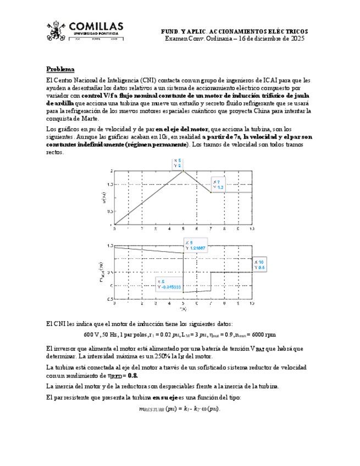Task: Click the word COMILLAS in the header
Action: pyautogui.click(x=96, y=26)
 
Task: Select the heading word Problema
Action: pyautogui.click(x=60, y=69)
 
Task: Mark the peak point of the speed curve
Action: pyautogui.click(x=183, y=171)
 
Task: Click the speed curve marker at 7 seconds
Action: pyautogui.click(x=211, y=192)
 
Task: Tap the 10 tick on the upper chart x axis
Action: pyautogui.click(x=252, y=229)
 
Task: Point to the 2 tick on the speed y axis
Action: pyautogui.click(x=111, y=171)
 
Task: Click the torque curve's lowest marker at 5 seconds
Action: pyautogui.click(x=183, y=293)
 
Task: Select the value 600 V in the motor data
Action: pyautogui.click(x=91, y=334)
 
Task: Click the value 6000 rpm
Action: pyautogui.click(x=264, y=334)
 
